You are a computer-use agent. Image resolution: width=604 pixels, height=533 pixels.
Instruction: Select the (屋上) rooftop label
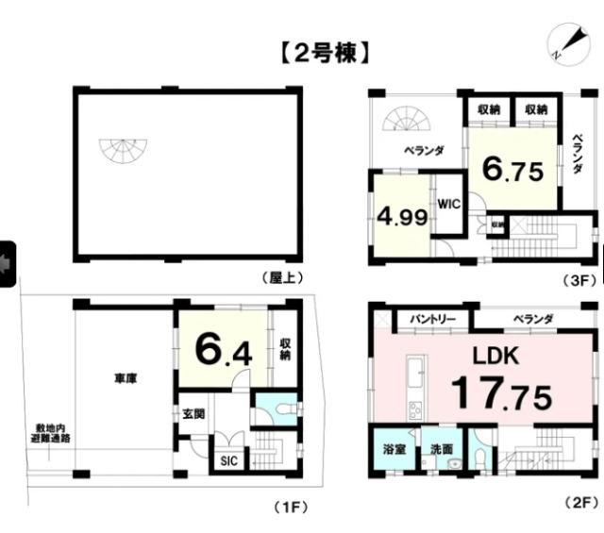(x=280, y=277)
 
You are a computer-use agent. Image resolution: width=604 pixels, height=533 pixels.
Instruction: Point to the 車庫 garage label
(x=126, y=379)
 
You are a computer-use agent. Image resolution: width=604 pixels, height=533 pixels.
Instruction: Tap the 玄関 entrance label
(x=193, y=412)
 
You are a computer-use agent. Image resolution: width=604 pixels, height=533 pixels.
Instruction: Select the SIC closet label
(x=227, y=461)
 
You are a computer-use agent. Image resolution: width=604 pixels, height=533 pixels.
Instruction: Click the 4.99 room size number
(x=402, y=215)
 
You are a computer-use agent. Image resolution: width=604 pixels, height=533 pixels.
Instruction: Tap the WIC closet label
(x=447, y=203)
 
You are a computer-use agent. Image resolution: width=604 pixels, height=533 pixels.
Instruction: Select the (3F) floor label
(x=577, y=278)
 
